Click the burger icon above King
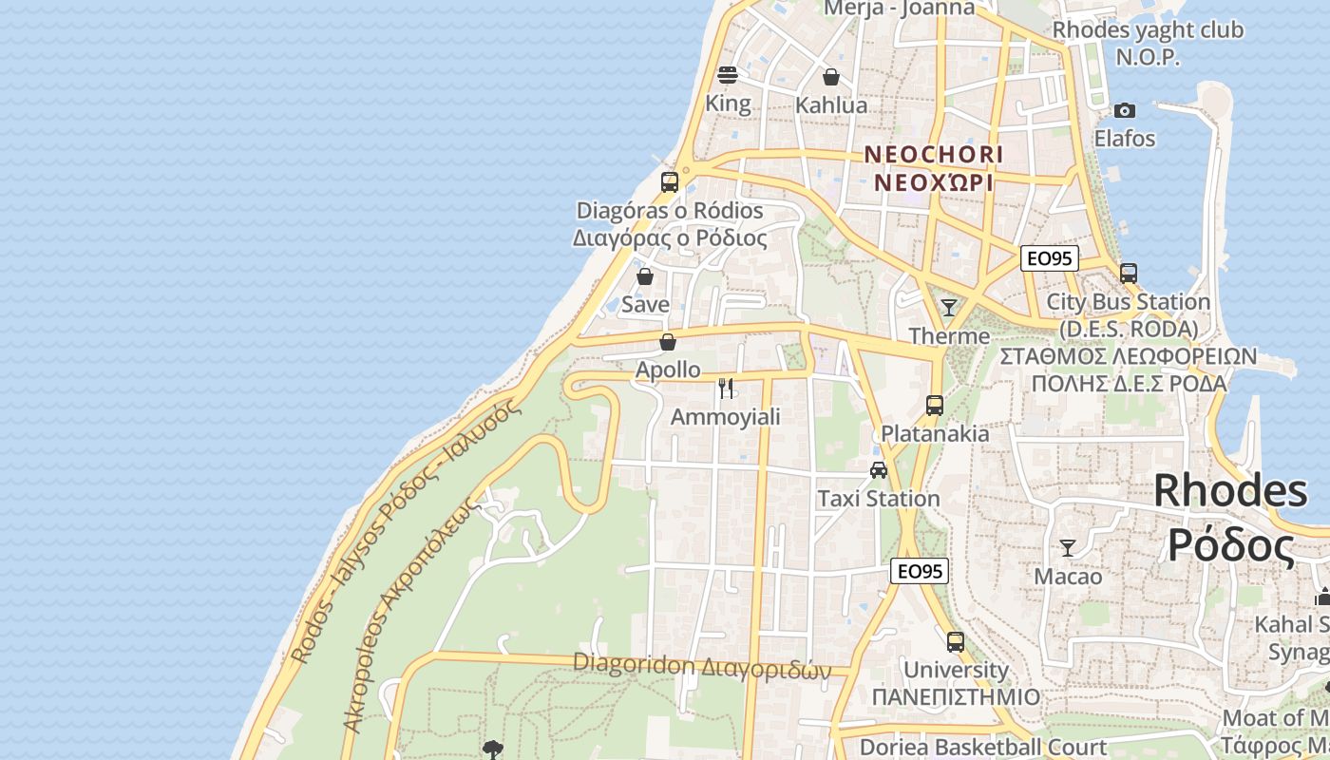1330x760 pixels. coord(728,74)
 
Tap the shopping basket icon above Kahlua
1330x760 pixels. coord(831,77)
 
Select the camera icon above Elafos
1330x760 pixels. coord(1125,111)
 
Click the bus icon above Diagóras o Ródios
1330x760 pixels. coord(670,181)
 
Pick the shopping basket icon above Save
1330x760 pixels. coord(645,276)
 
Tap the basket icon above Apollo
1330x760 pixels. coord(668,342)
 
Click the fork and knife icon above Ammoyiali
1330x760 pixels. coord(727,388)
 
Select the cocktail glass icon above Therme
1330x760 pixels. coord(948,307)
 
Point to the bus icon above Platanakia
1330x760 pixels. coord(935,406)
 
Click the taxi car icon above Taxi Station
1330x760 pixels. coord(879,470)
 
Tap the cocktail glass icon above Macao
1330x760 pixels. coord(1068,548)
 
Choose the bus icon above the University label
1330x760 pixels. coord(956,641)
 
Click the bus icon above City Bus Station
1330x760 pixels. coord(1129,274)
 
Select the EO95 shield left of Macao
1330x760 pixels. coord(920,571)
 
